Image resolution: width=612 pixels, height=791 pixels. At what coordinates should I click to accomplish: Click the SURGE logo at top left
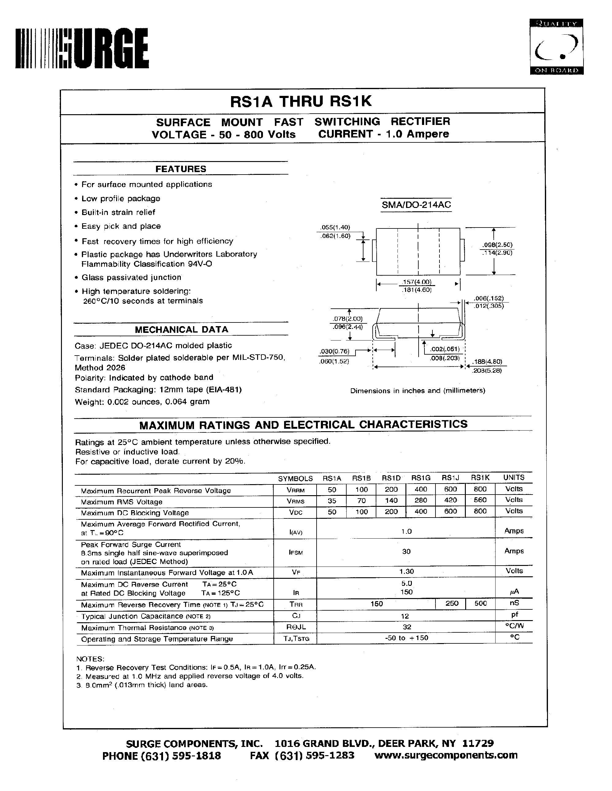82,48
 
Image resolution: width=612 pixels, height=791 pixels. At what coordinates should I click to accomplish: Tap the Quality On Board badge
556,47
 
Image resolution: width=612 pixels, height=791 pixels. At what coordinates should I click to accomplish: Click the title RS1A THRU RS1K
301,101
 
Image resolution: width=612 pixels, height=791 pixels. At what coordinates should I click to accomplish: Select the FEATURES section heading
181,169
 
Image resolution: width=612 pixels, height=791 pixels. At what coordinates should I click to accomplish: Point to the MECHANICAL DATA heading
181,330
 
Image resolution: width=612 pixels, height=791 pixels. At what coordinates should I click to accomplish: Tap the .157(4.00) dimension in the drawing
417,282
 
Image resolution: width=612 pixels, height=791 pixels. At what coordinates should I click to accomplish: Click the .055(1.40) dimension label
335,228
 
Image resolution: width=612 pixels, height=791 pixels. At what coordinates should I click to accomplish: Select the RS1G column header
421,478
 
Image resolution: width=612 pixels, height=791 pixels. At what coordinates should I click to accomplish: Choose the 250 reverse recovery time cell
452,603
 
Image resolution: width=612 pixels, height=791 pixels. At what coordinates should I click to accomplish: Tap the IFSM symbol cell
295,553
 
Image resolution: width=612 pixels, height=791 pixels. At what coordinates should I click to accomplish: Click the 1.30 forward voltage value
406,571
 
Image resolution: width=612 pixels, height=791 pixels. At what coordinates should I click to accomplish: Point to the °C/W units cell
514,626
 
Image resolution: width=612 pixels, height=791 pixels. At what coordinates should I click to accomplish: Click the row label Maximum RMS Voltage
121,502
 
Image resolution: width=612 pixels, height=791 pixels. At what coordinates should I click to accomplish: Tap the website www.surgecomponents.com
446,755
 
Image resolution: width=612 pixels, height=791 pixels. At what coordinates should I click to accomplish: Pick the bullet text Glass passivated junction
131,277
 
